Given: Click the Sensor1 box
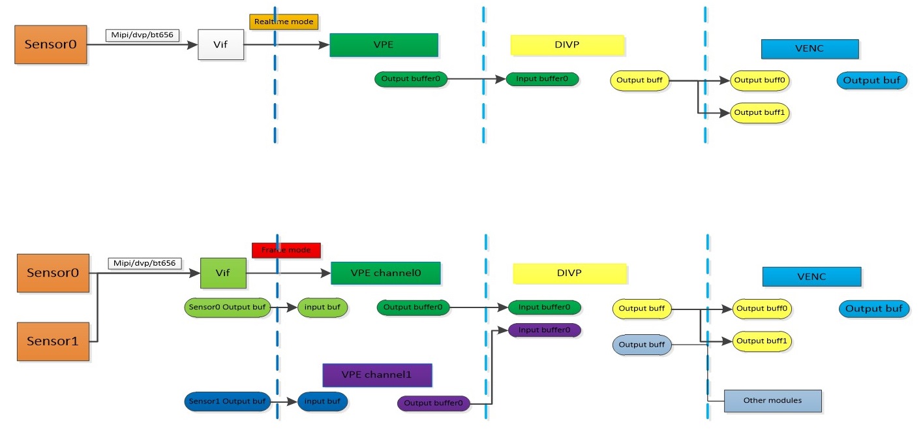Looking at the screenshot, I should pyautogui.click(x=53, y=341).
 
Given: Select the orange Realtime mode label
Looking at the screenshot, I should pyautogui.click(x=282, y=22).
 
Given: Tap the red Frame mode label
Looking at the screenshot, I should pyautogui.click(x=286, y=250).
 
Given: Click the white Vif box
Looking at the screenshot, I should pyautogui.click(x=220, y=44).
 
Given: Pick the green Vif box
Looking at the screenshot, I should pyautogui.click(x=223, y=273).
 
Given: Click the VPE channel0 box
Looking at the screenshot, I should pyautogui.click(x=386, y=273).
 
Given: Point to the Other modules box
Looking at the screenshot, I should pyautogui.click(x=772, y=401).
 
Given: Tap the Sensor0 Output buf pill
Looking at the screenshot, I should pyautogui.click(x=227, y=307).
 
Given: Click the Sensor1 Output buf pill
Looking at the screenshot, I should pyautogui.click(x=227, y=401).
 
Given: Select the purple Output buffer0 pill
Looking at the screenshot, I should pyautogui.click(x=433, y=403).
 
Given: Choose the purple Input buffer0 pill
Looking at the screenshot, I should pyautogui.click(x=544, y=330).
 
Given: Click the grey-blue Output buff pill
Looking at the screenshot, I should pyautogui.click(x=641, y=345).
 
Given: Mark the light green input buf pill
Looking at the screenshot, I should pyautogui.click(x=322, y=307).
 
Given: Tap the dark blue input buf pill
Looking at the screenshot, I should pyautogui.click(x=322, y=401).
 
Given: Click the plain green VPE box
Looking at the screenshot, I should pyautogui.click(x=384, y=45).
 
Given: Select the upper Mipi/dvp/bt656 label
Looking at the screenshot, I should pyautogui.click(x=142, y=35).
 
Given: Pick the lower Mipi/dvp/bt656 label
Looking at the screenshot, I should pyautogui.click(x=145, y=264).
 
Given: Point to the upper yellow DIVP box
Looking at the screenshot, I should pyautogui.click(x=567, y=44).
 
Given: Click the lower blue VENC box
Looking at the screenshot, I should pyautogui.click(x=811, y=277).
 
